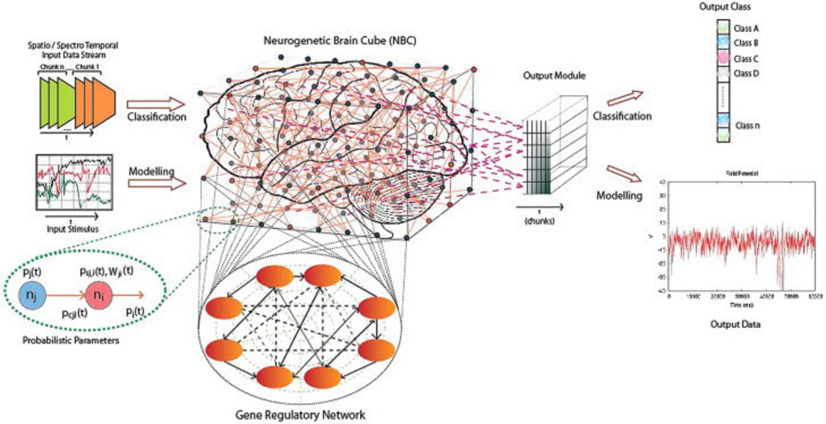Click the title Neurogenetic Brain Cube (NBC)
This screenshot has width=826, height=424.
click(340, 41)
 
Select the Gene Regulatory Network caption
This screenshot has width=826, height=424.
click(300, 415)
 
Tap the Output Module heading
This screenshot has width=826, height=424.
click(554, 76)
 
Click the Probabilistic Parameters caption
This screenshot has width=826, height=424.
click(71, 340)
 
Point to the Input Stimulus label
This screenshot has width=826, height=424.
click(73, 229)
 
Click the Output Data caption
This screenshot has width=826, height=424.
click(735, 324)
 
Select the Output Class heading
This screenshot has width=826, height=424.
click(725, 7)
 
